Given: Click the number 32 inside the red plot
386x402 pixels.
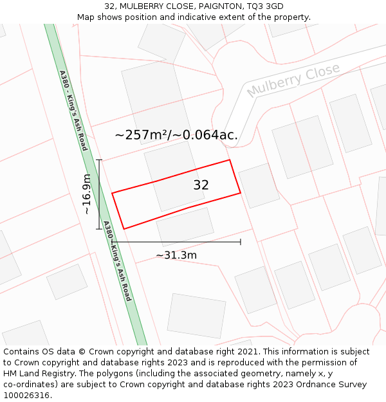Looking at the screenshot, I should click(201, 185).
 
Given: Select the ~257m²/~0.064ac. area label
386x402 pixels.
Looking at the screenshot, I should click(176, 135).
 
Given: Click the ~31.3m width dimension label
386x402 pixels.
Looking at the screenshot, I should click(176, 255).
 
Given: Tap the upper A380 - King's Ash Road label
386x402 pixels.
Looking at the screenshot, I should click(73, 111).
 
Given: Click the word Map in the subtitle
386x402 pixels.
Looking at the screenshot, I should click(86, 17).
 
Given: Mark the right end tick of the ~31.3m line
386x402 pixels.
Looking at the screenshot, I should click(241, 242).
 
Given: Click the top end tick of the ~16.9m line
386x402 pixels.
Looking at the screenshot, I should click(99, 160).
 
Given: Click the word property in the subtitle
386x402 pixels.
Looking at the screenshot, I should click(290, 17).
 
